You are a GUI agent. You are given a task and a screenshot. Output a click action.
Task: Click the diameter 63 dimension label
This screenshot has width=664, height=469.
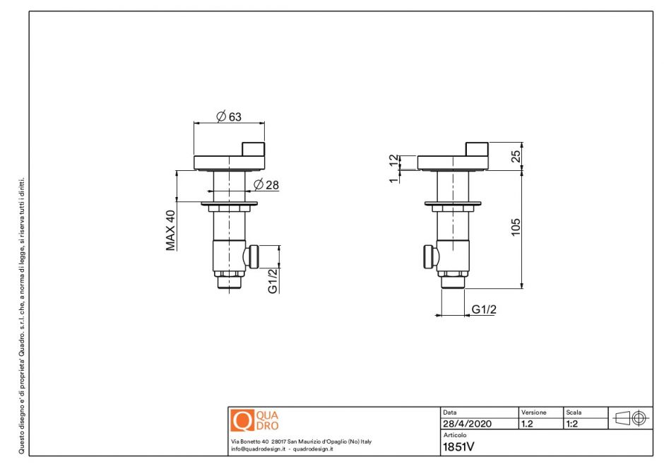pyautogui.click(x=230, y=117)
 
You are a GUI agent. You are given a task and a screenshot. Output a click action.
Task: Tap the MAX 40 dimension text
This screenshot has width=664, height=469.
pyautogui.click(x=170, y=230)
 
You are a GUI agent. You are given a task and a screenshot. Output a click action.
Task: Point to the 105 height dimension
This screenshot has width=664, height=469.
pyautogui.click(x=516, y=227)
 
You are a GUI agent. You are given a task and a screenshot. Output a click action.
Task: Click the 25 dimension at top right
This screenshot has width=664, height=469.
pyautogui.click(x=516, y=155)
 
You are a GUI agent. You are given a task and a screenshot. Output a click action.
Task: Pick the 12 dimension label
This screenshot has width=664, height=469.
pyautogui.click(x=393, y=161)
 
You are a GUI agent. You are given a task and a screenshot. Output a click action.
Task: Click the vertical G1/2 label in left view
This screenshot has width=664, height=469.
pyautogui.click(x=273, y=280)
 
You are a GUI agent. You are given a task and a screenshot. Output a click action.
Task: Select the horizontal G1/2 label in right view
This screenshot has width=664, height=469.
pyautogui.click(x=484, y=309)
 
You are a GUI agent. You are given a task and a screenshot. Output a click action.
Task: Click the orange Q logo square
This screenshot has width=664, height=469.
pyautogui.click(x=242, y=421)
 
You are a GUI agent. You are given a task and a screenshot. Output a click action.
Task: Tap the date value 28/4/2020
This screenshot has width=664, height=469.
pyautogui.click(x=467, y=425)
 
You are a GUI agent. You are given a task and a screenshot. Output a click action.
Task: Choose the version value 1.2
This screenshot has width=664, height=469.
pyautogui.click(x=527, y=425)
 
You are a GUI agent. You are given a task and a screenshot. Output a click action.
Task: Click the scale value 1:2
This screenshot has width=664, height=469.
pyautogui.click(x=572, y=425)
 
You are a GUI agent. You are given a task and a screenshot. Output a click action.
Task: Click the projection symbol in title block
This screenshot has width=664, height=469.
pyautogui.click(x=631, y=418)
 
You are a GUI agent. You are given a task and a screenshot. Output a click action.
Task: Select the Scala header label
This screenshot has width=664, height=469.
pyautogui.click(x=573, y=412)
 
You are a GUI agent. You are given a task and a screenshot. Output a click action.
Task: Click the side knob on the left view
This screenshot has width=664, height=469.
pyautogui.click(x=253, y=256)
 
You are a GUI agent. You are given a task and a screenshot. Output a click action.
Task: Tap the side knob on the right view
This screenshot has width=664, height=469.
pyautogui.click(x=428, y=256)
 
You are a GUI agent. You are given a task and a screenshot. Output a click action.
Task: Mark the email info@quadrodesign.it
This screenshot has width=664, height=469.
pyautogui.click(x=258, y=449)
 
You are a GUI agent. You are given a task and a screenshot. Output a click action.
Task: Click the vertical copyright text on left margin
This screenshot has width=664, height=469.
pyautogui.click(x=22, y=314)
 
